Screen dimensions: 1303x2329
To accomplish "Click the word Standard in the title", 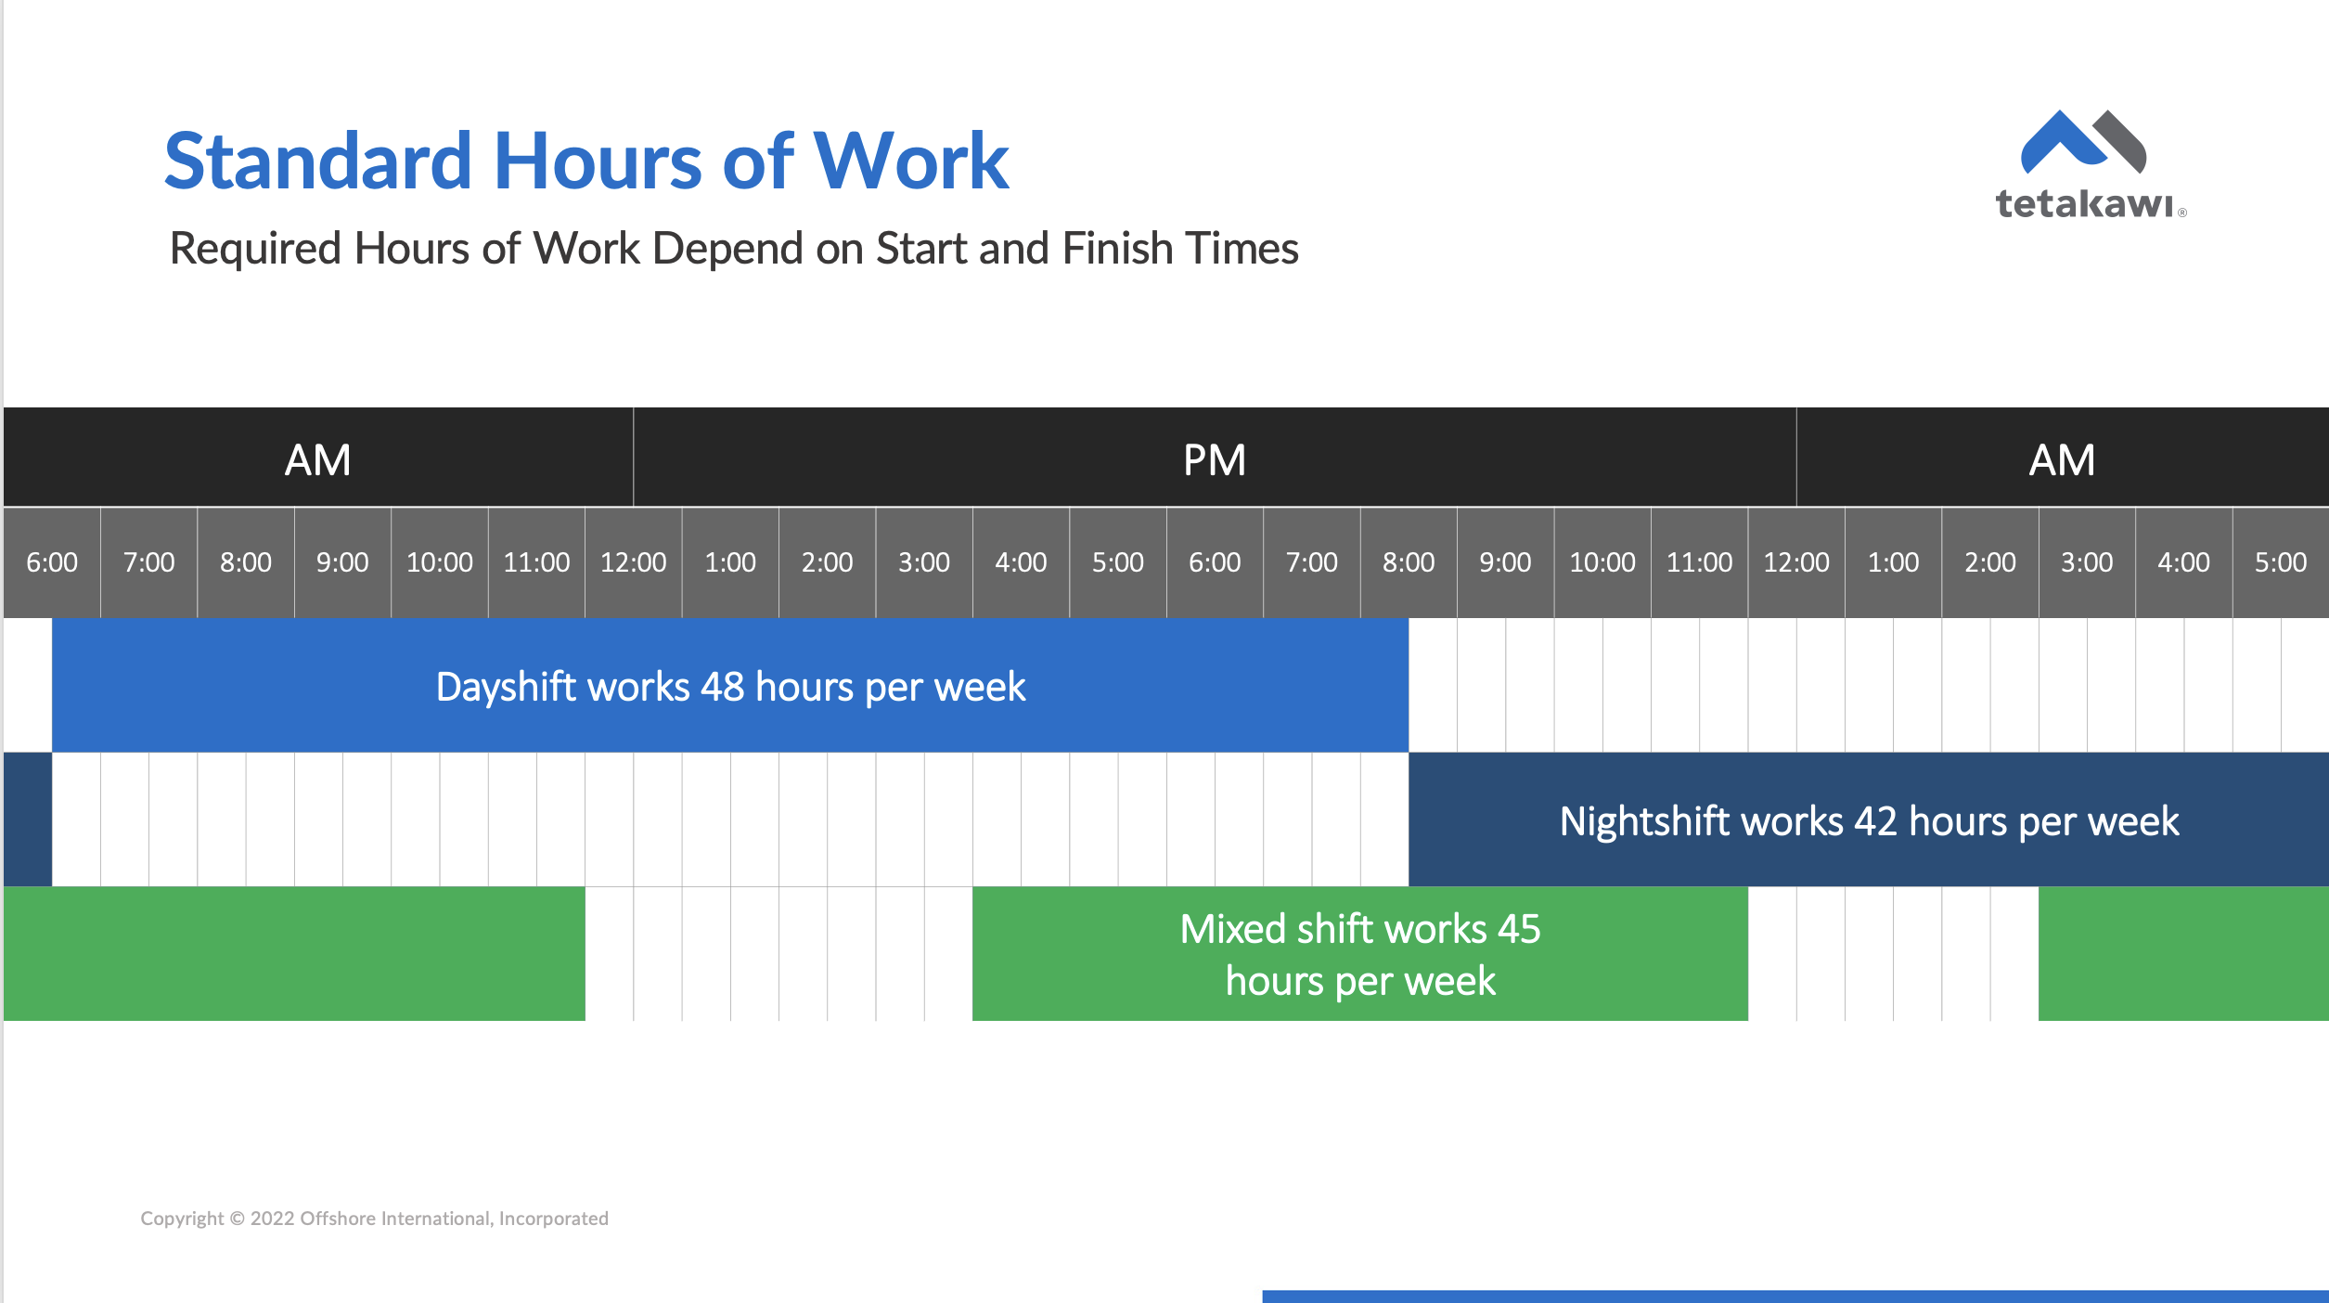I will pos(318,161).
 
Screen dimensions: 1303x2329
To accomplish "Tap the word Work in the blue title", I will pos(910,161).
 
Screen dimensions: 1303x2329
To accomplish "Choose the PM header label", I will pos(1214,460).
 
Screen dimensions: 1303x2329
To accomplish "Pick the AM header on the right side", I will pos(2062,460).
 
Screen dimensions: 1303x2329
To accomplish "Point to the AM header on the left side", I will pos(317,460).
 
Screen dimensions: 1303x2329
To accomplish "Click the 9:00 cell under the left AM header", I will pos(342,562).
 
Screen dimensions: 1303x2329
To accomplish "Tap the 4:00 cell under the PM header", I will pos(1021,562).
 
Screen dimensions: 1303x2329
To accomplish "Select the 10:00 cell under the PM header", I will pos(1602,562).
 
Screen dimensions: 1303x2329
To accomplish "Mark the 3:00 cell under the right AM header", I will pos(2087,562).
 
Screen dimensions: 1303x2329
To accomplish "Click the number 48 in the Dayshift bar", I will pos(723,688).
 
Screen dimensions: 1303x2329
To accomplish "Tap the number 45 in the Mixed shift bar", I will pos(1518,929).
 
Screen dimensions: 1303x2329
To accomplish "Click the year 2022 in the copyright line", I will pos(272,1219).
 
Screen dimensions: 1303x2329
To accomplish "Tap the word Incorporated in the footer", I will pos(553,1219).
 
